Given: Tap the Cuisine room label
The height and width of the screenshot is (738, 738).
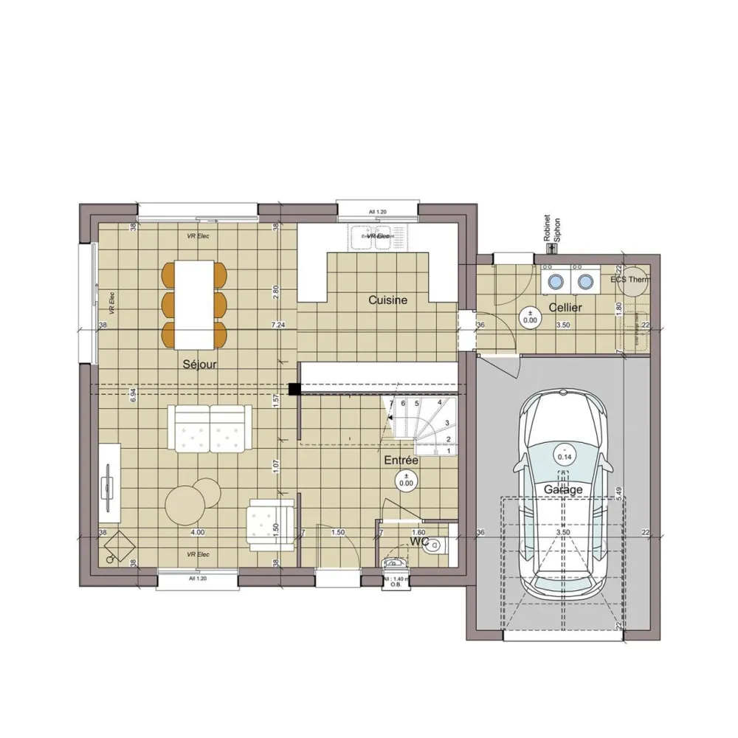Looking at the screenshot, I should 388,300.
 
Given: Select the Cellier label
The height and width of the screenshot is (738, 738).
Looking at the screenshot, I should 565,307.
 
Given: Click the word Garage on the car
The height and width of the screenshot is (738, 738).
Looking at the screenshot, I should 563,489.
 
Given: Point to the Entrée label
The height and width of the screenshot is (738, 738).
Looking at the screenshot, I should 401,460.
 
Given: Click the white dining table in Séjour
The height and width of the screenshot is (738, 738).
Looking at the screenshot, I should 195,304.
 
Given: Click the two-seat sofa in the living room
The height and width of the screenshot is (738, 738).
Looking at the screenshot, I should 210,427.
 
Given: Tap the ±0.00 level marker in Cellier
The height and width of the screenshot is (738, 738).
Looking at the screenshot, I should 530,316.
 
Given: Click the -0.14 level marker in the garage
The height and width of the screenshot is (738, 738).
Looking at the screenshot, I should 565,452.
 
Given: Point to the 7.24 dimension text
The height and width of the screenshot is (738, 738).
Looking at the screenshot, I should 277,325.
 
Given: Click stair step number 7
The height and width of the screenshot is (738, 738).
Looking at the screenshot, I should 391,403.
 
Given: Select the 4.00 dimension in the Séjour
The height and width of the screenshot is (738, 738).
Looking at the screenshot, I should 197,532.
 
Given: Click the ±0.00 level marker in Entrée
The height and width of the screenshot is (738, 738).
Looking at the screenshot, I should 405,479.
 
